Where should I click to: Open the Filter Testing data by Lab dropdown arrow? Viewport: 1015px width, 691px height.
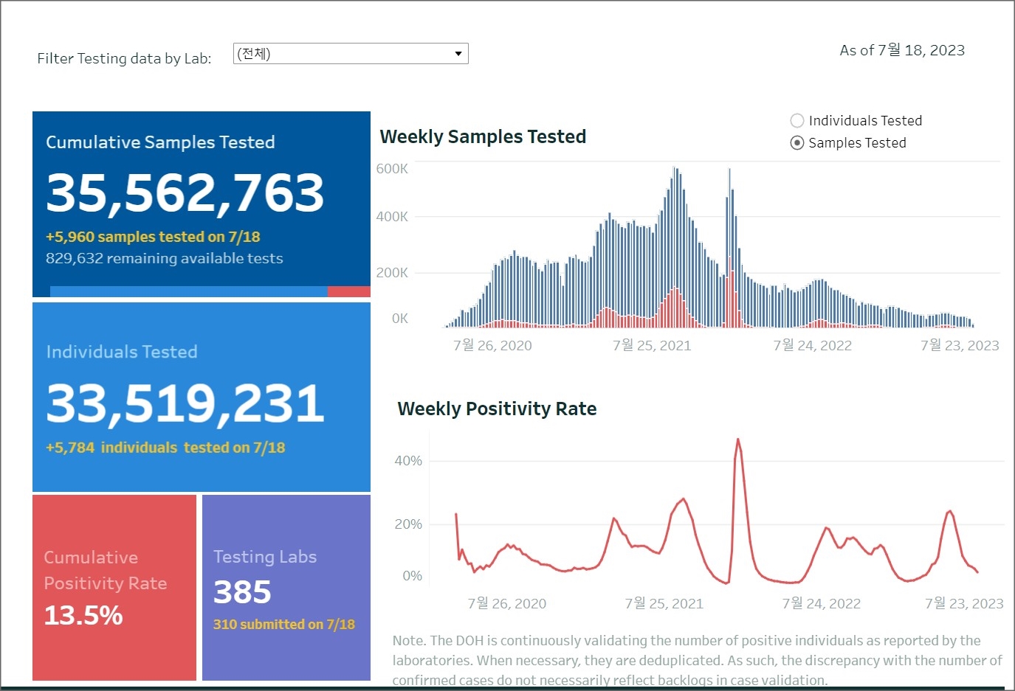pos(458,54)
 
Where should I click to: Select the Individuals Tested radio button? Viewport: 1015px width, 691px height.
pos(797,121)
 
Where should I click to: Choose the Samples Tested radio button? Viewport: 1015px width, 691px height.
pos(797,143)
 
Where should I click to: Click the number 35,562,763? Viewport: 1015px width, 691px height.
pos(185,193)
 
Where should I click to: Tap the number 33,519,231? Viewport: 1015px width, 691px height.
pos(185,403)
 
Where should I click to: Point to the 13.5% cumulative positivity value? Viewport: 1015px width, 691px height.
pos(83,615)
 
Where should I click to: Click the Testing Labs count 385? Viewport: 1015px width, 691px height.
pos(242,592)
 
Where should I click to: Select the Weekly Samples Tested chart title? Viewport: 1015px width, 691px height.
pos(483,137)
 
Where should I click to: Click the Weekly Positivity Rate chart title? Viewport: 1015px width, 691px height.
pos(497,409)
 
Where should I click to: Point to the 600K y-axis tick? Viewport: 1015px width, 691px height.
pos(392,169)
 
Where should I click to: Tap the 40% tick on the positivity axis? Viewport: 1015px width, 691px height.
pos(408,461)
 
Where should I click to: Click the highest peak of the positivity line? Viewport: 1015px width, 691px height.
pos(737,440)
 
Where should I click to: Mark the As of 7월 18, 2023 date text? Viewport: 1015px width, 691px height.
pos(902,51)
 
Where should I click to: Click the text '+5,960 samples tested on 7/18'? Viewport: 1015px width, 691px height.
pos(153,237)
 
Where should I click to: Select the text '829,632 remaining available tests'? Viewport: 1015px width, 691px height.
pos(164,258)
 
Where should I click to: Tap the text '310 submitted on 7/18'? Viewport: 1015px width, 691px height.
pos(283,625)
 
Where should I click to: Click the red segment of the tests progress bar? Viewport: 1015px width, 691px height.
pos(348,291)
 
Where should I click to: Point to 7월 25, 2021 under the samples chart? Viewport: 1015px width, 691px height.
pos(652,345)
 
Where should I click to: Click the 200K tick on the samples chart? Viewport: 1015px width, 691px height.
pos(392,273)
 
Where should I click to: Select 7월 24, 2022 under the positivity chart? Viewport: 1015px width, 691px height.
pos(821,603)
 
